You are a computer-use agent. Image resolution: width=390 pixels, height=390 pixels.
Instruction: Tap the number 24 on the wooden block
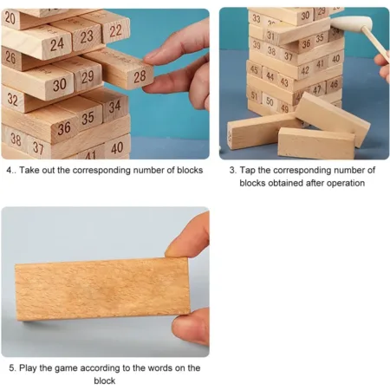[x=57, y=45]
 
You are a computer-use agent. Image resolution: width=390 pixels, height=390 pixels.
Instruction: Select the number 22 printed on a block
[x=115, y=30]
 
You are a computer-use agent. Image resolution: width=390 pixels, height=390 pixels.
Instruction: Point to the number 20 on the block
[x=10, y=18]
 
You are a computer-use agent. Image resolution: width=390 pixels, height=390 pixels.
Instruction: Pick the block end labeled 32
[x=12, y=100]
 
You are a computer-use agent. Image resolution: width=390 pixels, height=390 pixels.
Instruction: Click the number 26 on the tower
[x=10, y=57]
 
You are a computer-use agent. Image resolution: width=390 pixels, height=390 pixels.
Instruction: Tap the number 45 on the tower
[x=254, y=69]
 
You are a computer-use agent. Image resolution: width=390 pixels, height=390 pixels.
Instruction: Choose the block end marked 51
[x=254, y=96]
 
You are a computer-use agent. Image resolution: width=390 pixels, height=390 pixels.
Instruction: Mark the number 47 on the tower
[x=317, y=90]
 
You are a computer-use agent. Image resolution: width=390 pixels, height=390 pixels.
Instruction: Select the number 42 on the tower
[x=305, y=70]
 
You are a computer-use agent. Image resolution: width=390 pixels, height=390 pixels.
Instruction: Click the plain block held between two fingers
[x=102, y=289]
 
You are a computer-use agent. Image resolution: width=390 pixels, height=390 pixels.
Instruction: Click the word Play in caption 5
[x=28, y=368]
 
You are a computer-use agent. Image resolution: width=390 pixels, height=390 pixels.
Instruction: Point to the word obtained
[x=286, y=183]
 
